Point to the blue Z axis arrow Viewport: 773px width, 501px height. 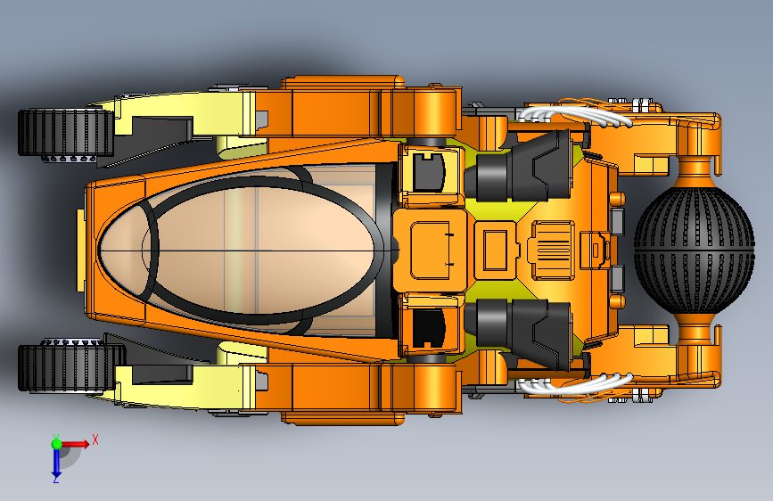(x=56, y=462)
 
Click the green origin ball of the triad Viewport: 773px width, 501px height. (x=56, y=443)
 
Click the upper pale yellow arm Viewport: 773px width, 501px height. (x=178, y=120)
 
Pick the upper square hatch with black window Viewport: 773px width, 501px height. (x=430, y=171)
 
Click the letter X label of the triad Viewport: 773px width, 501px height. (x=95, y=439)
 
